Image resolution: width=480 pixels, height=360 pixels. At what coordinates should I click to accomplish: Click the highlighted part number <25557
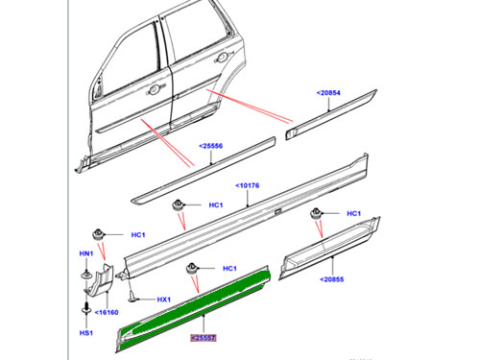[204, 338]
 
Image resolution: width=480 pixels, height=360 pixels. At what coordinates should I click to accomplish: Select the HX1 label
[164, 300]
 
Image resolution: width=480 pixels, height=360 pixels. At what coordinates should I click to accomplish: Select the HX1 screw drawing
[137, 299]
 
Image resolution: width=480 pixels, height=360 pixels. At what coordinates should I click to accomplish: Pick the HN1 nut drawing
[87, 275]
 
